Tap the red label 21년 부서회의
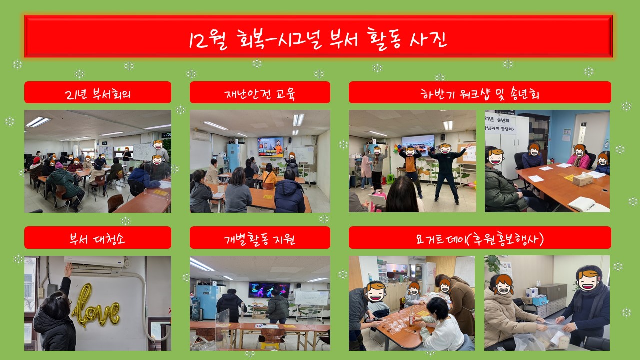coord(97,93)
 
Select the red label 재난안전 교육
coord(259,94)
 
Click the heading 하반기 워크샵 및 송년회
coord(480,93)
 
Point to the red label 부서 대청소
coord(97,238)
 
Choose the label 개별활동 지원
coord(259,239)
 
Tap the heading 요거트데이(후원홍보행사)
coord(480,238)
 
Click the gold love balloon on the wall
coord(95,307)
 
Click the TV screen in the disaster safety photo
coord(270,146)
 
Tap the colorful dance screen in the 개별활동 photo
coord(269,290)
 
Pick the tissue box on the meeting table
coord(583,179)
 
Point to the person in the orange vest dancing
coord(411,171)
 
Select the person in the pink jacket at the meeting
coord(579,158)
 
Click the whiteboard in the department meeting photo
coord(143,151)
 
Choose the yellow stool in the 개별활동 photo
coord(270,344)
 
